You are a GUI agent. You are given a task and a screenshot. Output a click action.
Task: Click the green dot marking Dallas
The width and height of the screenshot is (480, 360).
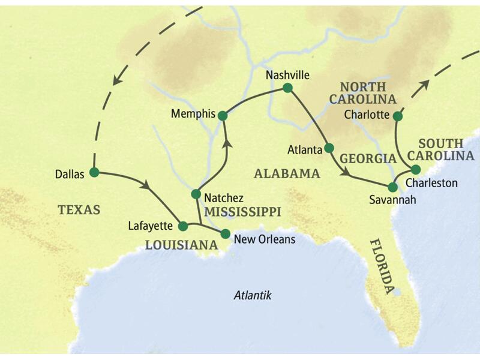(94, 172)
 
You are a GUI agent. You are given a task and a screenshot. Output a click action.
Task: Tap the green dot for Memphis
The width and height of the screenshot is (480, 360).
(223, 115)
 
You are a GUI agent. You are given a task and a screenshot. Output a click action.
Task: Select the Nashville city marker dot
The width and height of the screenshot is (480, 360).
(287, 88)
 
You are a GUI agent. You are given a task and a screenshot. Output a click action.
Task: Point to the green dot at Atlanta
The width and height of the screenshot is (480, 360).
(329, 148)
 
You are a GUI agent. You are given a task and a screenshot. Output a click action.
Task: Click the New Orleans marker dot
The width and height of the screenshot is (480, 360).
(226, 233)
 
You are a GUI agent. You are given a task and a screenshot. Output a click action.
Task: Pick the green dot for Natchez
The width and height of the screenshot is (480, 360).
(196, 194)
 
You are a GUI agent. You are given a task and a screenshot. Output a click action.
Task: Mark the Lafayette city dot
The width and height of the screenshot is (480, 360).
(184, 226)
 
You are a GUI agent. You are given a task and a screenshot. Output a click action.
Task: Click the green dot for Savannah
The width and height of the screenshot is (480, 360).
(393, 187)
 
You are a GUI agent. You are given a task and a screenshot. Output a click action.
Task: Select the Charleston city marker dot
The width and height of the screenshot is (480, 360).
(415, 169)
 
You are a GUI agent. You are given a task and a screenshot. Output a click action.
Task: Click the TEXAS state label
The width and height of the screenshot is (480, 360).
(79, 209)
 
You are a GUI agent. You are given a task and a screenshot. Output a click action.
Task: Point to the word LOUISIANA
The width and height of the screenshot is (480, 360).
(181, 245)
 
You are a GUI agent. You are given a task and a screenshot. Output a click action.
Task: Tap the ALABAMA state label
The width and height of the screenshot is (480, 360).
(287, 173)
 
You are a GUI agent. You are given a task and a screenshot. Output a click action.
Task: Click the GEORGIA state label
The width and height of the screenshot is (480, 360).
(368, 158)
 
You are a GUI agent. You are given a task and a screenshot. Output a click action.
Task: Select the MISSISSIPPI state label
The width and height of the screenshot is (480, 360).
(242, 211)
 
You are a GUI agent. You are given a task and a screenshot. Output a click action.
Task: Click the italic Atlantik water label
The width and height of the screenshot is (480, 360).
(253, 295)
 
